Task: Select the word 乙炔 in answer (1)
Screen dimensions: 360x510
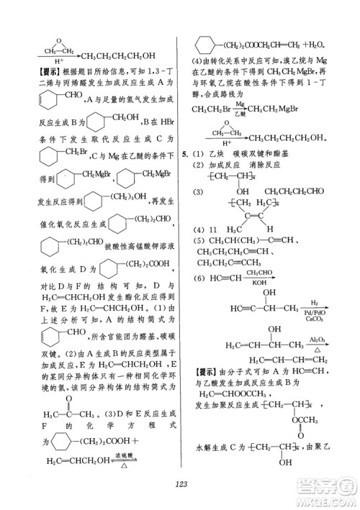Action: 216,155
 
